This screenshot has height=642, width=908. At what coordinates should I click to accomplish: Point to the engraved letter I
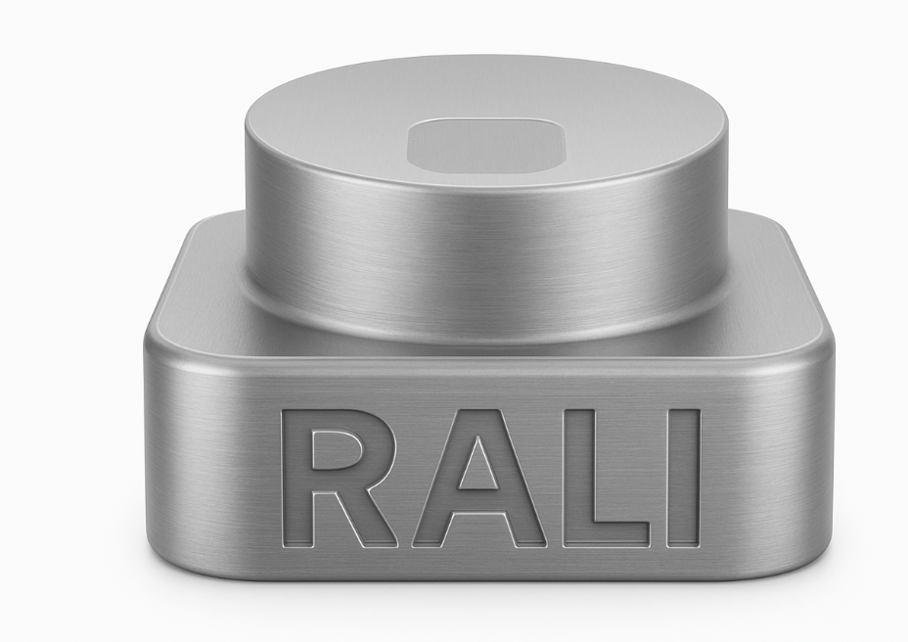pos(683,478)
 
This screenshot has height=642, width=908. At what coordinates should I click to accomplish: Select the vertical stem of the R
pos(295,478)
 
